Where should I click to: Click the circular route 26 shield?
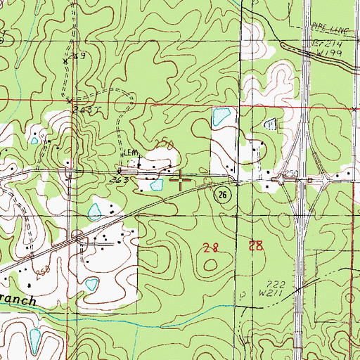click(223, 194)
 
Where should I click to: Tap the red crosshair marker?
click(182, 181)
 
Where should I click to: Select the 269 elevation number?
click(77, 56)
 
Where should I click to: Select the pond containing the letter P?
click(270, 124)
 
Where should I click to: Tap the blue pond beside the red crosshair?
click(157, 185)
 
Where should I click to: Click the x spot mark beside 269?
click(64, 62)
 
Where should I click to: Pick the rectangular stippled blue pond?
click(220, 115)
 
